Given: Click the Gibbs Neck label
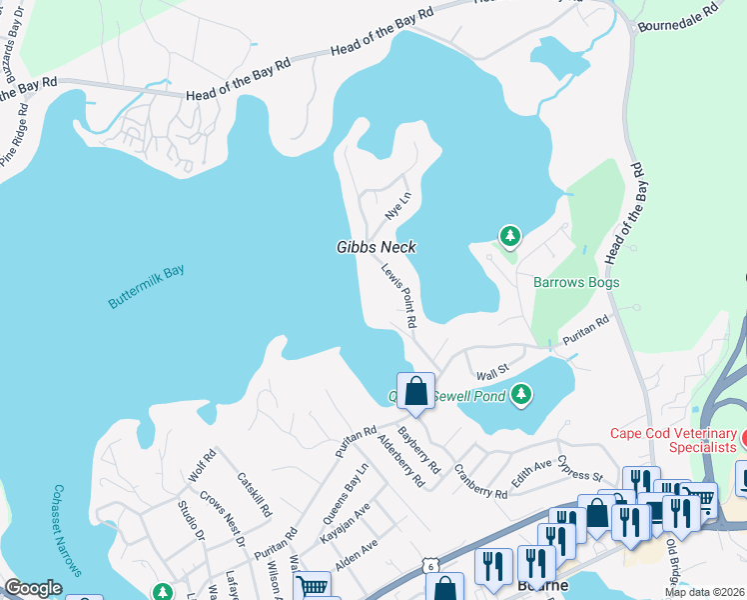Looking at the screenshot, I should (375, 247).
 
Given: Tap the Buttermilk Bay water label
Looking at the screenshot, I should (146, 287).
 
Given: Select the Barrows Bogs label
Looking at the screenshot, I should (575, 283).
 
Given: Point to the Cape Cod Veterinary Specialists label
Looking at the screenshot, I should (673, 439).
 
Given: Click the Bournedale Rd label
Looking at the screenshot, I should (678, 15).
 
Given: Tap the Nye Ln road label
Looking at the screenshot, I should (397, 206).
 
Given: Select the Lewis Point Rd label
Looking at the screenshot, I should (397, 295).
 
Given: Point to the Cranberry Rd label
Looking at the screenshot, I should (480, 481).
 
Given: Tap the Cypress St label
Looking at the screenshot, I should (580, 467).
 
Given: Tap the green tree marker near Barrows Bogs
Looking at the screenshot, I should (510, 236).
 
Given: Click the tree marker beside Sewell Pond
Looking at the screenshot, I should (521, 395).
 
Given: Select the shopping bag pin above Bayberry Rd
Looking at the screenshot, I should (414, 391).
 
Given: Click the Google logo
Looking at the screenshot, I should (33, 588).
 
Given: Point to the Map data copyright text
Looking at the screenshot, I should (707, 592).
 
